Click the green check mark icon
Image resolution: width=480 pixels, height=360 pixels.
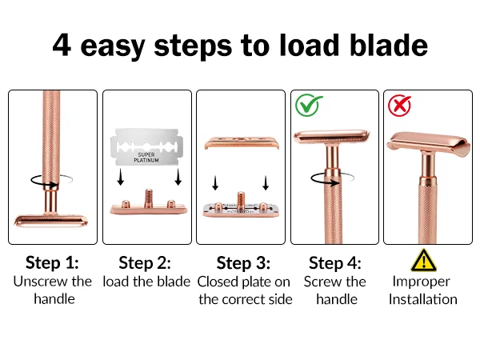click(x=309, y=106)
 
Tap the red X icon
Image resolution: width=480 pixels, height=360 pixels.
click(x=399, y=106)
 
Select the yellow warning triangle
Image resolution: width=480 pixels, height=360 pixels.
click(x=424, y=261)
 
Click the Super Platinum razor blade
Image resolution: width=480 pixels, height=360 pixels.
click(x=146, y=146)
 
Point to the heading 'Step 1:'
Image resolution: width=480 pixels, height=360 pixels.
click(x=52, y=262)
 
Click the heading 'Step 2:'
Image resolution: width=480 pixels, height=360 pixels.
click(x=145, y=263)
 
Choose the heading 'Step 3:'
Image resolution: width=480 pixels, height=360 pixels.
click(x=243, y=263)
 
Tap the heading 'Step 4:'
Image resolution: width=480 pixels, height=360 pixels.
click(x=335, y=263)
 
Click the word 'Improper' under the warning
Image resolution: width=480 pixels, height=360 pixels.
click(x=422, y=282)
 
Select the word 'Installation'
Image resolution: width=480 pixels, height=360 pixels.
click(x=423, y=299)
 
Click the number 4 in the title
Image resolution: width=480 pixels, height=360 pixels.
click(x=62, y=45)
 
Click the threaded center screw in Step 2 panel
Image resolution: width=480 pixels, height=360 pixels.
click(x=149, y=198)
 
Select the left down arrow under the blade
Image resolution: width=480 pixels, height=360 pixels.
click(x=121, y=177)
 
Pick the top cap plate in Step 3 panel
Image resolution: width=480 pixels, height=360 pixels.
click(x=242, y=142)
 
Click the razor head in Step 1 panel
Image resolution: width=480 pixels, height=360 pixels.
click(x=51, y=221)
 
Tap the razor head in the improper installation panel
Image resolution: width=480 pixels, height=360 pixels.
click(x=428, y=144)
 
